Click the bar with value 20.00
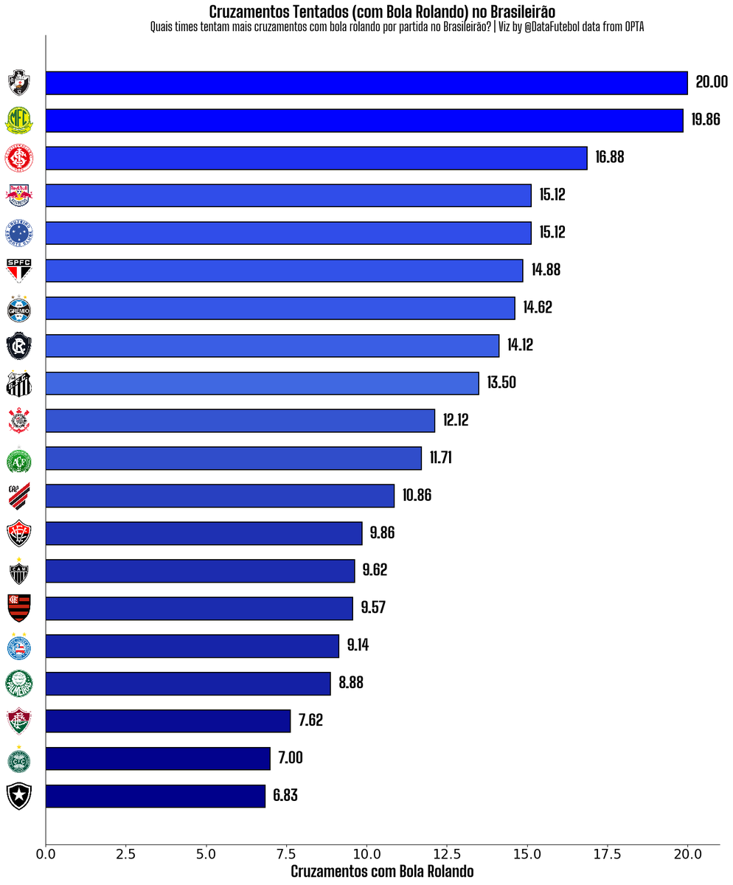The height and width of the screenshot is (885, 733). [x=366, y=83]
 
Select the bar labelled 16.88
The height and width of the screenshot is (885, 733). [x=316, y=158]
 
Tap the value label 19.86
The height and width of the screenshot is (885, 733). [x=706, y=119]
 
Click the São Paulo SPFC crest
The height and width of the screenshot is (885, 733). [x=18, y=270]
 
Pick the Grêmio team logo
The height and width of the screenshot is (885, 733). [x=18, y=308]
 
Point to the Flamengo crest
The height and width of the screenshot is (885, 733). [x=18, y=608]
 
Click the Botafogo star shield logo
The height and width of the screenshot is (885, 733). [x=18, y=796]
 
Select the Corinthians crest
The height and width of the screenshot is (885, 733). [x=18, y=421]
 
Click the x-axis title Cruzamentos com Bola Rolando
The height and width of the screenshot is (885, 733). [x=382, y=872]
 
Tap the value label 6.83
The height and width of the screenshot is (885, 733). [x=285, y=796]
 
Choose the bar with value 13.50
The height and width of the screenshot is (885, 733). [x=262, y=383]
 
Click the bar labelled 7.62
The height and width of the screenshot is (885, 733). [x=168, y=721]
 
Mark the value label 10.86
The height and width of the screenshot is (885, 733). [x=417, y=496]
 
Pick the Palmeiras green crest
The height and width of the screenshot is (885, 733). [x=18, y=684]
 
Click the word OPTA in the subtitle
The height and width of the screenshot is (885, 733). [x=635, y=27]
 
